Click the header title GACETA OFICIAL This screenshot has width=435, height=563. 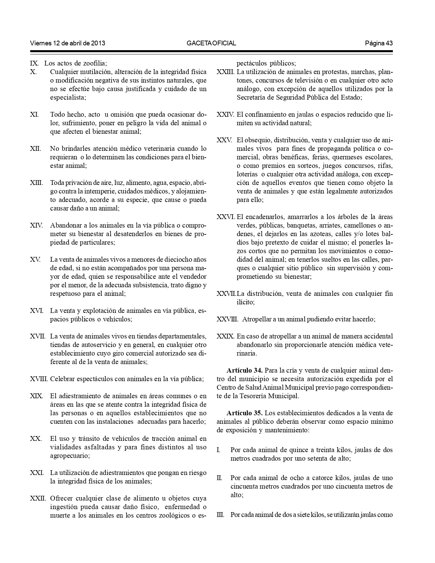(211, 43)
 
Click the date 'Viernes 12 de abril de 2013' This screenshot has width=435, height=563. (68, 43)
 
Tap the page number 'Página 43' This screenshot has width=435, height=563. (379, 43)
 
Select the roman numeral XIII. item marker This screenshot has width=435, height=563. (37, 183)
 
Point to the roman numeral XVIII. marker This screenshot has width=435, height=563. (39, 379)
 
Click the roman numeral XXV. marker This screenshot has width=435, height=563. (224, 140)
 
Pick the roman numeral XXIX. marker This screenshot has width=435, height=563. (226, 336)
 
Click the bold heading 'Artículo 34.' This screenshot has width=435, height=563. (244, 370)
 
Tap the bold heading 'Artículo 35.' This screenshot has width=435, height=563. (244, 413)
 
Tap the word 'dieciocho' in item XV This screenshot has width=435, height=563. (171, 260)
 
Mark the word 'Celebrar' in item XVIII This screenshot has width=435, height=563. (62, 379)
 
